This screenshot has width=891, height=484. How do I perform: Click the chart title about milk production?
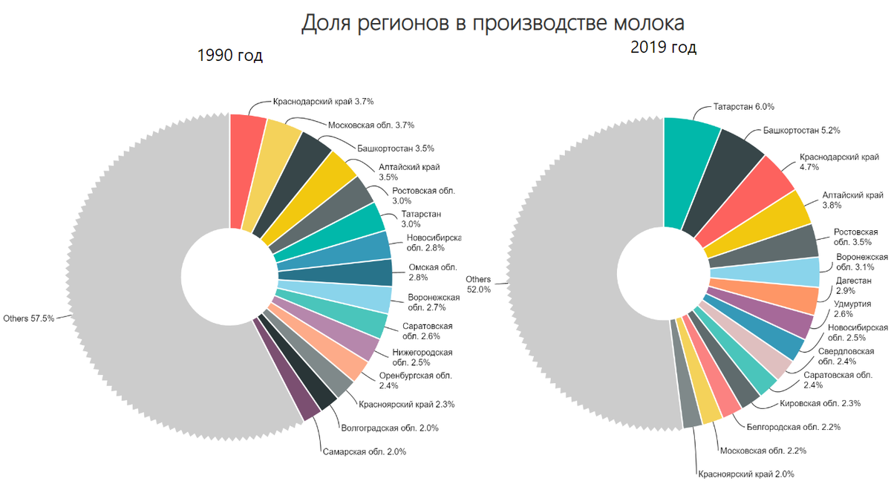pos(492,23)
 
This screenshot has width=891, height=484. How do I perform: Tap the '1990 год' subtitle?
pos(229,56)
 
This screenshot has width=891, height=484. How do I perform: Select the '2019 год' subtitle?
pos(663,48)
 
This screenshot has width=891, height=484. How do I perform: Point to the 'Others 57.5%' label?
pos(30,318)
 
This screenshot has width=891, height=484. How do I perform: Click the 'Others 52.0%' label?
pos(478,284)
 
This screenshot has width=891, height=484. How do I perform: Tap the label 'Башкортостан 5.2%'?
pos(802,131)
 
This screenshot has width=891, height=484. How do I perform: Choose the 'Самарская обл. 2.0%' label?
pos(363,451)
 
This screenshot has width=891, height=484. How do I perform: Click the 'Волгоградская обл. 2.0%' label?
pos(389,428)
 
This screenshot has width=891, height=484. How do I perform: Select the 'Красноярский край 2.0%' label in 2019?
pos(745,474)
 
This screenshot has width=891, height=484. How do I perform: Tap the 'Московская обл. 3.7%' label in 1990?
pos(371,125)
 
